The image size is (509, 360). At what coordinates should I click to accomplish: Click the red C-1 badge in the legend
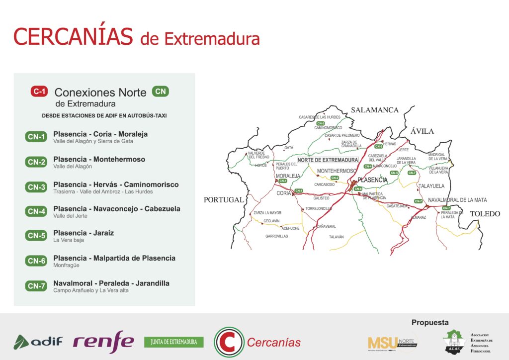[x=39, y=91]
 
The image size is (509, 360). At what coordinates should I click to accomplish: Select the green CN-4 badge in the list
[x=36, y=211]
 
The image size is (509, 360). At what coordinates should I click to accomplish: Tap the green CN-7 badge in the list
[x=36, y=285]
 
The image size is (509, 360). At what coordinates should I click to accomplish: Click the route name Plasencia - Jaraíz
[x=84, y=233]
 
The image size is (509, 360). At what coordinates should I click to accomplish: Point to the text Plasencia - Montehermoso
[x=99, y=159]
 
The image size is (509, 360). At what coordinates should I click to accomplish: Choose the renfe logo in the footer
[x=103, y=342]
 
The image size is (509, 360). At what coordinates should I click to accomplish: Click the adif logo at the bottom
[x=38, y=342]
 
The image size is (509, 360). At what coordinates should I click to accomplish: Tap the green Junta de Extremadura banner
[x=174, y=342]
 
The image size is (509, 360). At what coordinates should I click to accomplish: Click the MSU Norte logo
[x=392, y=343]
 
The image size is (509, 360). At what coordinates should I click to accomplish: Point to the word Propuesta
[x=430, y=322]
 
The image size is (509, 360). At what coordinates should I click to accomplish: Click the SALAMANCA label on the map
[x=375, y=110]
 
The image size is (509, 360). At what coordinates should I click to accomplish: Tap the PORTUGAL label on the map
[x=224, y=200]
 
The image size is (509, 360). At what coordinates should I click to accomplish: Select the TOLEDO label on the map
[x=485, y=214]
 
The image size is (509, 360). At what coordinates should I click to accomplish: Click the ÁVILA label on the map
[x=422, y=131]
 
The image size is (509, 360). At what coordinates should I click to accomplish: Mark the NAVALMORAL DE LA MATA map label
[x=457, y=200]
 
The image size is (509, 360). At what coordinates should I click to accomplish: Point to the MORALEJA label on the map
[x=288, y=176]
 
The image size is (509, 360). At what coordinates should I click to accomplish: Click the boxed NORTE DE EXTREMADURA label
[x=328, y=160]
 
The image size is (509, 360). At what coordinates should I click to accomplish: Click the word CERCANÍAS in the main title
[x=73, y=36]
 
